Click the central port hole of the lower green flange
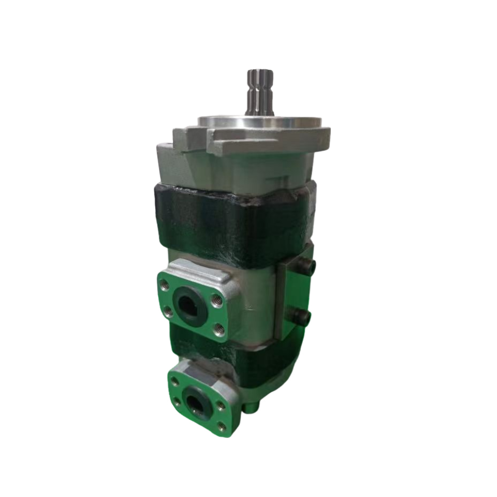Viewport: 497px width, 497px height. (x=196, y=401)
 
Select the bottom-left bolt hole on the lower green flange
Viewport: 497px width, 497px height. (x=178, y=403)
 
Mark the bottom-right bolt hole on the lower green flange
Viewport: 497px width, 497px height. (x=222, y=427)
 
